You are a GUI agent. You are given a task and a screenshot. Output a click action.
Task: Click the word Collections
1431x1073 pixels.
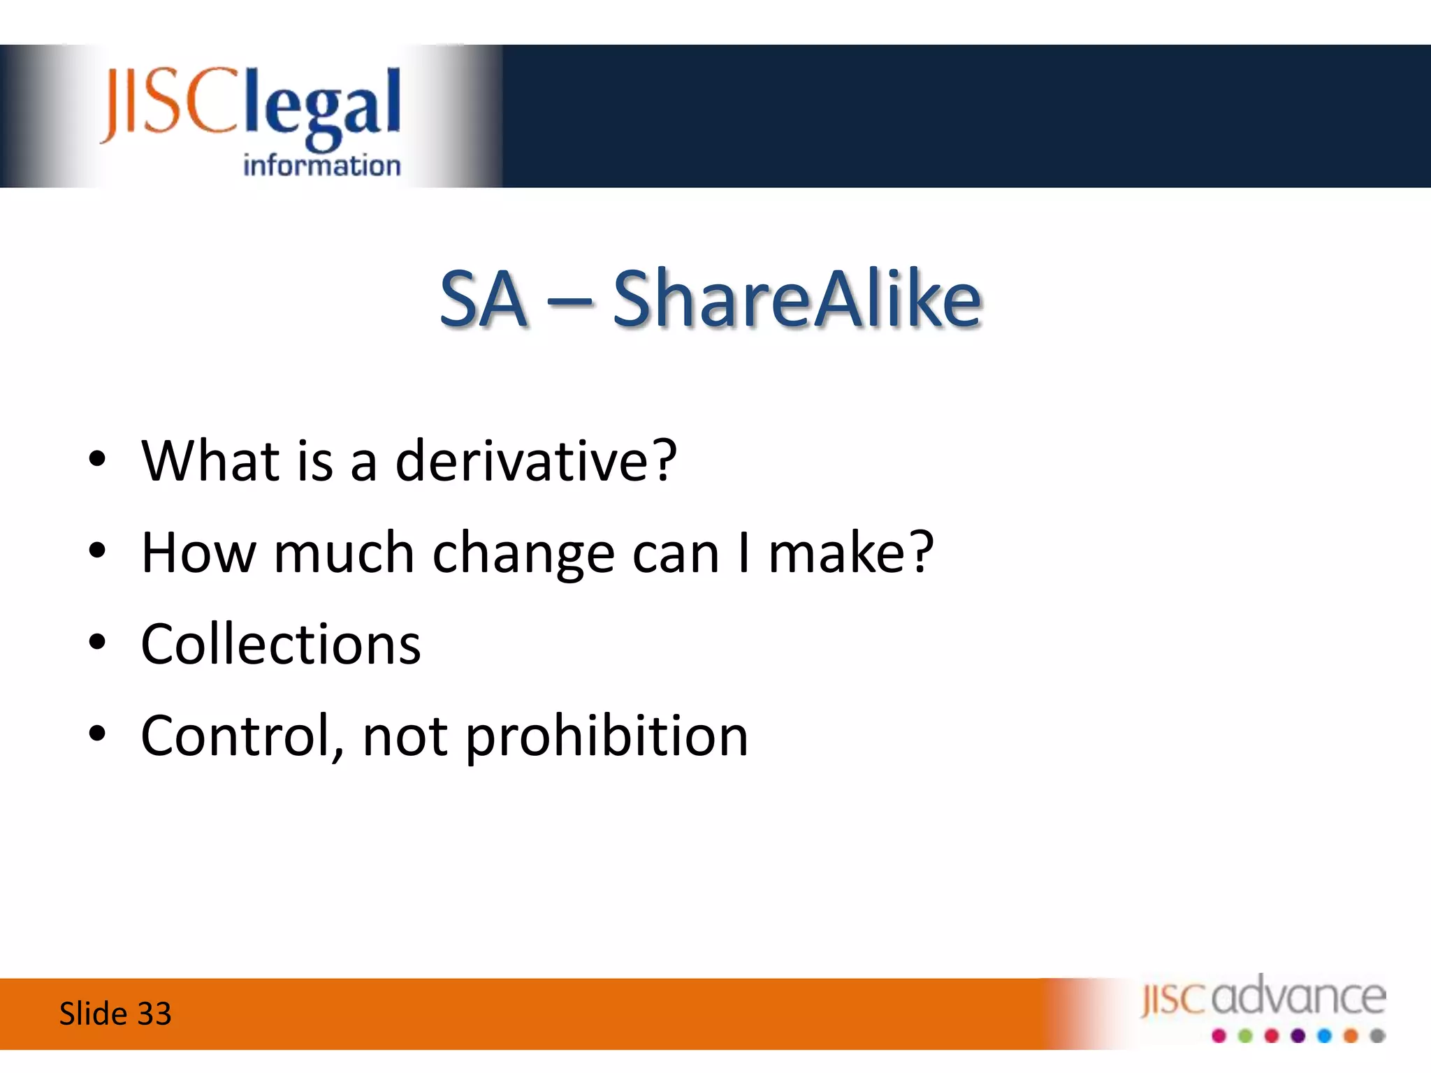click(x=281, y=644)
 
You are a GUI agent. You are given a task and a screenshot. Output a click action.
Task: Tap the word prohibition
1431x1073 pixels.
click(x=606, y=737)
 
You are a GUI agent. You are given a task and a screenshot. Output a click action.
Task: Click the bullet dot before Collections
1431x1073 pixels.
click(x=97, y=642)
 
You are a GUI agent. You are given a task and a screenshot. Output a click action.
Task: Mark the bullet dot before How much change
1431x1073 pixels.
click(x=97, y=550)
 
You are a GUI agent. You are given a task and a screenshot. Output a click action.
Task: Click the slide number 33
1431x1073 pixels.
click(x=154, y=1014)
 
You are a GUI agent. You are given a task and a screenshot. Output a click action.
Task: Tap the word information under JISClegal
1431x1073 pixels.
click(x=321, y=166)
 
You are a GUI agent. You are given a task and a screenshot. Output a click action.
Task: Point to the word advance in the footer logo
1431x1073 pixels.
click(x=1298, y=997)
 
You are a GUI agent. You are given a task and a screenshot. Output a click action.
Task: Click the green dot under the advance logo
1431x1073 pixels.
click(x=1245, y=1036)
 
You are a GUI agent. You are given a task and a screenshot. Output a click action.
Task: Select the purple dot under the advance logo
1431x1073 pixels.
click(x=1298, y=1036)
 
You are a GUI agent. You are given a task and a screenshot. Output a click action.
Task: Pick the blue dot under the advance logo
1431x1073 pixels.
click(x=1324, y=1036)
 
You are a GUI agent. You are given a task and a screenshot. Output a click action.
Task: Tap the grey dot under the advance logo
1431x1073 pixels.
click(x=1377, y=1036)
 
